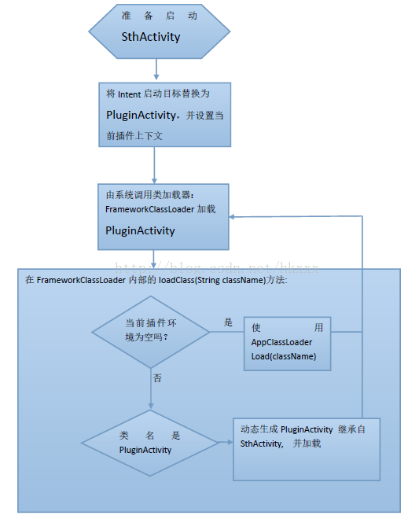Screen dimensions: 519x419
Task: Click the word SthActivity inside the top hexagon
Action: coord(151,37)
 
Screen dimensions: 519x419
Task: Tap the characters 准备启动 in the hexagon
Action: coord(160,16)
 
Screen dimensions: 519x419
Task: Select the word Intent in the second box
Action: coord(130,94)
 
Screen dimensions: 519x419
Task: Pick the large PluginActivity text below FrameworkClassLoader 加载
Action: coord(140,230)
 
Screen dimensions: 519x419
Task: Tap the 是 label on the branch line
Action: coord(229,322)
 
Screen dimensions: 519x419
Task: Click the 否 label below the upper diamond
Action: coord(157,378)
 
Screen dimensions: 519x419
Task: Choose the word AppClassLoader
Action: coord(281,342)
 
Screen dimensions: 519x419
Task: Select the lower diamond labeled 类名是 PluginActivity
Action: coord(150,442)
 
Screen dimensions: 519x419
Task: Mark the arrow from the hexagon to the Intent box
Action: coord(155,69)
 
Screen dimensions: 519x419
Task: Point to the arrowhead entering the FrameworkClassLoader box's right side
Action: coord(234,215)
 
